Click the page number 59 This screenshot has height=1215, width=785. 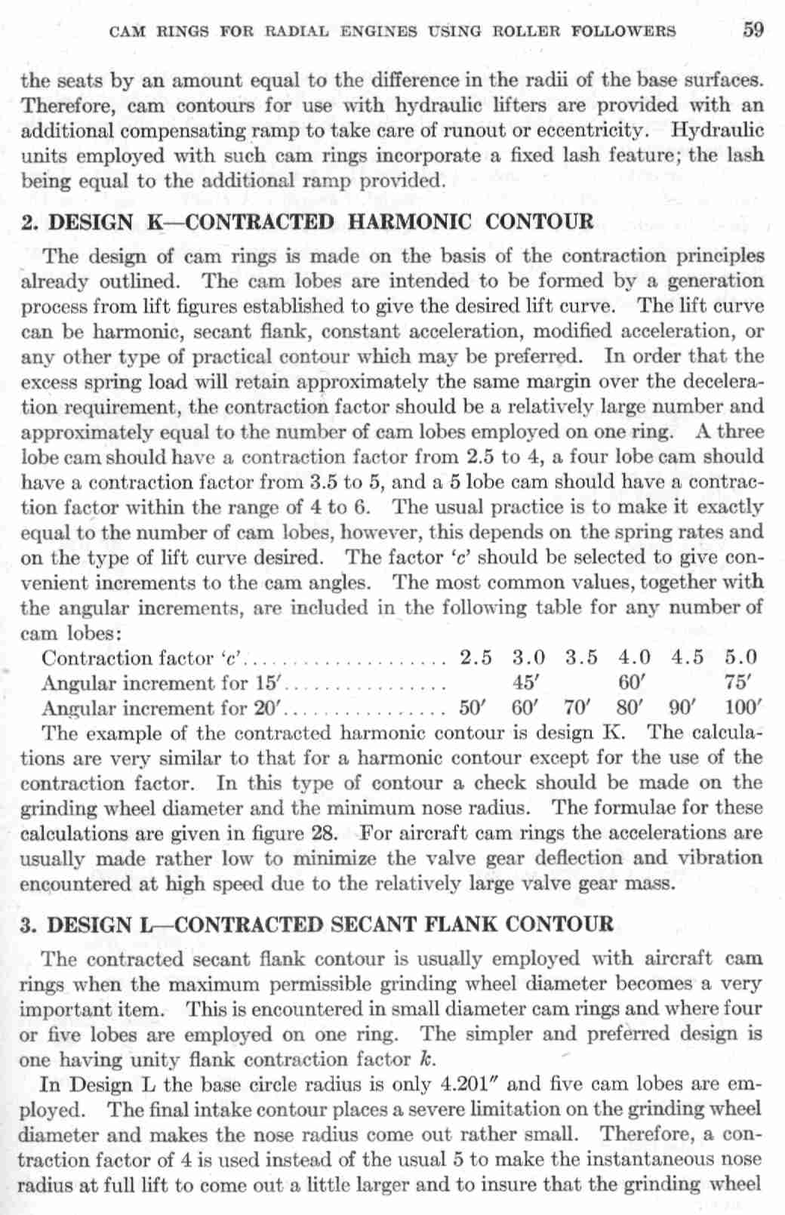point(753,30)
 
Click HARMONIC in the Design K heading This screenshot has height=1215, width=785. point(409,223)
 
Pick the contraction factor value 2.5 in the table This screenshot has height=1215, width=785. point(476,658)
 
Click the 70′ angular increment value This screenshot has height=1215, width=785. point(580,708)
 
